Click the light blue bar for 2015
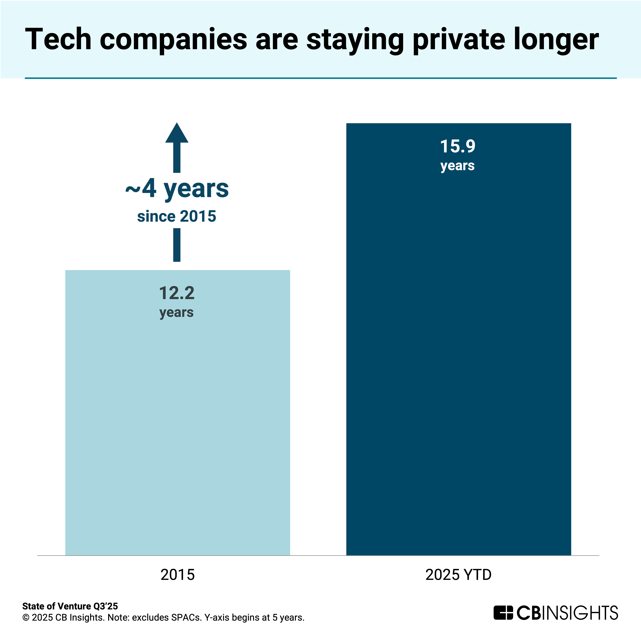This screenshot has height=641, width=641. pos(178,431)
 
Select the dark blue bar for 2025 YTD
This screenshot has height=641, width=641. pos(458,365)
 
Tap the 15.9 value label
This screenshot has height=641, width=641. pos(457,146)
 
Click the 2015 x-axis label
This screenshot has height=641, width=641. pos(178,575)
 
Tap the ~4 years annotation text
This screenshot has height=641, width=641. pos(177,189)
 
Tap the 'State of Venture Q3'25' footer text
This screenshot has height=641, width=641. pos(70,606)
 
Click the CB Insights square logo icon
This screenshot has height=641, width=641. pos(503,612)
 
